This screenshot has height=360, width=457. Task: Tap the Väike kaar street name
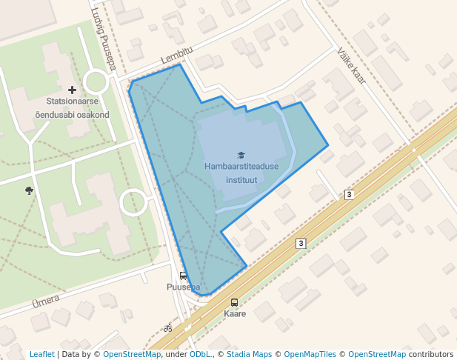(x=351, y=66)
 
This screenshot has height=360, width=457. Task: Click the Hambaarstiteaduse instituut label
(x=241, y=173)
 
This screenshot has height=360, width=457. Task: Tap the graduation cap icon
(x=241, y=155)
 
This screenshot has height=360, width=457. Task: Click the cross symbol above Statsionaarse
(x=72, y=90)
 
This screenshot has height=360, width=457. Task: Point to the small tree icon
(x=29, y=190)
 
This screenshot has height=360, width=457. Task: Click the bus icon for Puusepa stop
(x=183, y=276)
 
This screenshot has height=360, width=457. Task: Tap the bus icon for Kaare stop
(x=235, y=302)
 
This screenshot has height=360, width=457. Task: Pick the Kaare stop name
(x=235, y=313)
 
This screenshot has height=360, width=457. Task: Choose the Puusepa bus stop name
(x=183, y=287)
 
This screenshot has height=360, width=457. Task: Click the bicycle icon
(x=168, y=327)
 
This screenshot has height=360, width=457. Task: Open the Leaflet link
(x=41, y=354)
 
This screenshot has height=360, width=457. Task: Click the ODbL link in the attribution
(x=200, y=354)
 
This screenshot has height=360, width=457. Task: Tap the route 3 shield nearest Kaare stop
(x=301, y=243)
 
